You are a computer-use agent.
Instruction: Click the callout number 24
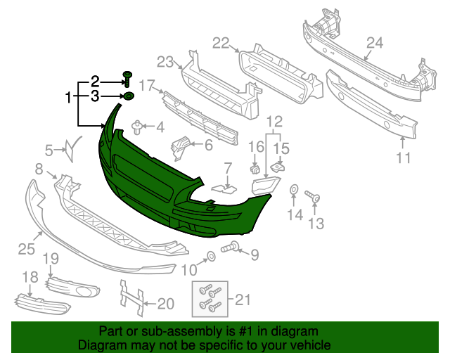tap(374, 44)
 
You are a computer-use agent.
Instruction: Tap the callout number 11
tap(403, 158)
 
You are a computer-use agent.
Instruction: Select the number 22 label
tap(221, 44)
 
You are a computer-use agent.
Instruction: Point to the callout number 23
tap(165, 62)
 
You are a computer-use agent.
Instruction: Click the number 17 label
tap(146, 86)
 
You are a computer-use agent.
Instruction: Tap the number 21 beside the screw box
tap(243, 300)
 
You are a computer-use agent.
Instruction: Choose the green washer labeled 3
tap(129, 96)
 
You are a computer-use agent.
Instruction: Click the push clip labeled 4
tap(138, 129)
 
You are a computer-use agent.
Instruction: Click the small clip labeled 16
tap(257, 169)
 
